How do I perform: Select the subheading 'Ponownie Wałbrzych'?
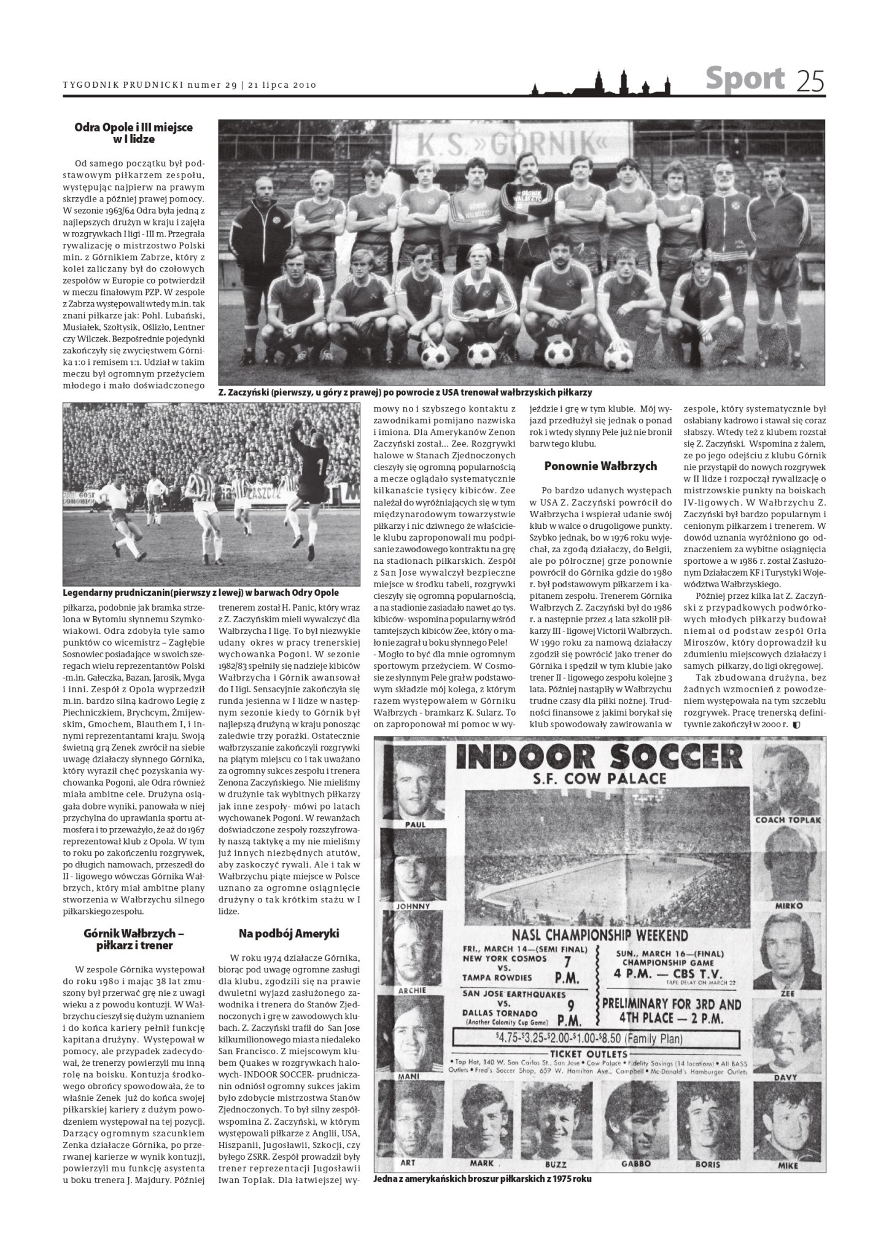[x=600, y=466]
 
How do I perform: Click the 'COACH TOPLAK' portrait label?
[x=788, y=820]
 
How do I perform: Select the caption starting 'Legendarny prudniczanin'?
[x=201, y=593]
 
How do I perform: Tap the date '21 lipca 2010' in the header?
[x=283, y=85]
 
